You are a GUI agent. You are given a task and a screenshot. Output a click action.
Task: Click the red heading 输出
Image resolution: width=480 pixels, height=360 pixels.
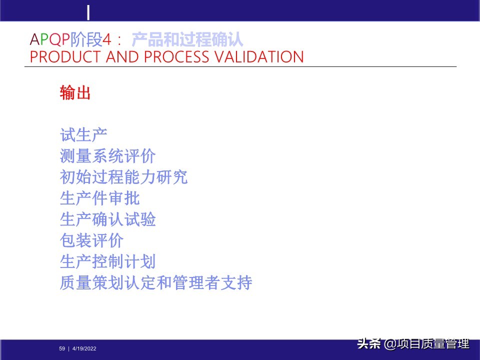click(x=75, y=93)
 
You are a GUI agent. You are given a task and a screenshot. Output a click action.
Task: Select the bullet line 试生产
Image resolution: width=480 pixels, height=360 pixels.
click(x=83, y=135)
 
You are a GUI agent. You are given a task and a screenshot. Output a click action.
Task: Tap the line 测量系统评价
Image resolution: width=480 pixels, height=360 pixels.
click(x=107, y=156)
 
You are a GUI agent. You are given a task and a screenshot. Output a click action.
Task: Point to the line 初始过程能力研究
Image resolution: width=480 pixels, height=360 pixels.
click(x=123, y=177)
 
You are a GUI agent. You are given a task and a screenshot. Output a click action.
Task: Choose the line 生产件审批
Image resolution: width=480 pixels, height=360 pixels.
click(x=99, y=198)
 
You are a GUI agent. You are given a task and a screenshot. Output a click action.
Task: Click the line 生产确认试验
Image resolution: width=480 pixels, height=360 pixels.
click(x=107, y=219)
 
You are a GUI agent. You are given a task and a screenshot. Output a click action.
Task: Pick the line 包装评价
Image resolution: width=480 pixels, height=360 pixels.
click(x=91, y=240)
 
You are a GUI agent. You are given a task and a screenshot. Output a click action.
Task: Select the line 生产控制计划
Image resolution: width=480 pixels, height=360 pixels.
click(x=107, y=261)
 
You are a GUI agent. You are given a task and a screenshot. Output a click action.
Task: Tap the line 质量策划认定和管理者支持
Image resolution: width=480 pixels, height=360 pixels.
click(x=155, y=283)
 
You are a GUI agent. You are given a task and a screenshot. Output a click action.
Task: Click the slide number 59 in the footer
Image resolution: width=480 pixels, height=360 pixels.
click(x=62, y=348)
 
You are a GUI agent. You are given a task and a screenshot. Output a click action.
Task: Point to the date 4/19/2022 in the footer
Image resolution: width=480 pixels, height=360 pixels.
click(x=84, y=348)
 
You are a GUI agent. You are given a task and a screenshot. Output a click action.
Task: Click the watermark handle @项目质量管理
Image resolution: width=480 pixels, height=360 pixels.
click(x=426, y=344)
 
